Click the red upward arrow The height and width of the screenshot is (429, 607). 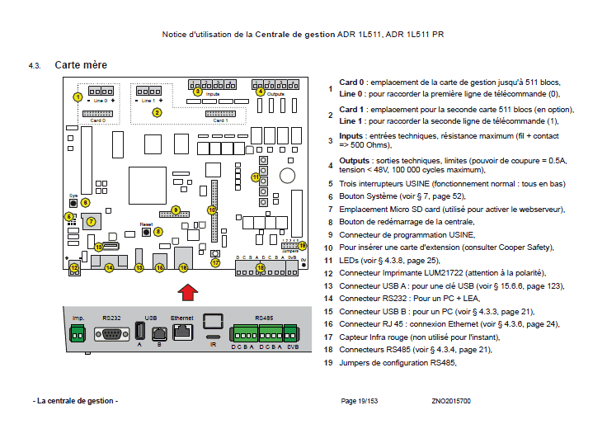[188, 291]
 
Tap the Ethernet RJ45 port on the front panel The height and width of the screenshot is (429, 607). [181, 333]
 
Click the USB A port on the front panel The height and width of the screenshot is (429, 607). [140, 333]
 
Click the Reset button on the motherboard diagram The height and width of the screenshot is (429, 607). [147, 232]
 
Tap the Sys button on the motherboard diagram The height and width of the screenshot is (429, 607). [73, 203]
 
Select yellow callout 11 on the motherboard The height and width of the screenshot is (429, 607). [256, 177]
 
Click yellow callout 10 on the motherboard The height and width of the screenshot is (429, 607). [212, 210]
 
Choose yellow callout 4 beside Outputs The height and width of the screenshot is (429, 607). [261, 91]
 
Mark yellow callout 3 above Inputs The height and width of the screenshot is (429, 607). [197, 91]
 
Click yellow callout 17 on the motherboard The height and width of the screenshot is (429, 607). [216, 263]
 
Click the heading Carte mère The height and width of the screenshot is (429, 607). [80, 64]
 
